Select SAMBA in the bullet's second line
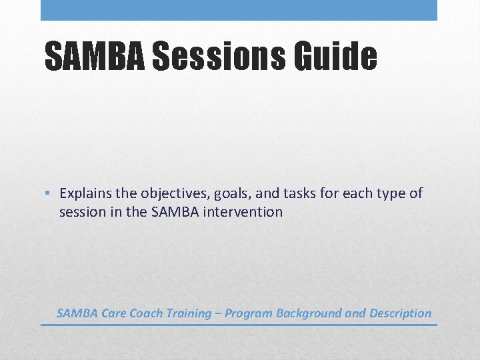click(180, 213)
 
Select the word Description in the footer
click(400, 313)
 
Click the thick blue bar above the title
click(239, 10)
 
